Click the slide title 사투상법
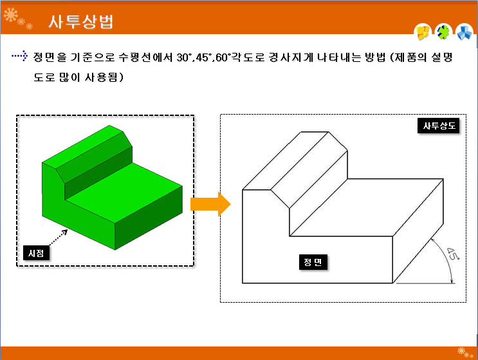coord(81,22)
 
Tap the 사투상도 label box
coord(438,126)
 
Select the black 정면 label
coord(313,262)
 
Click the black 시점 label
coord(36,253)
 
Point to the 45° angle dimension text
coord(453,254)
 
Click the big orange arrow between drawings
coord(210,204)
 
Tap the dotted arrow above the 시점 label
coord(59,238)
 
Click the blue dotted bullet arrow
coord(20,55)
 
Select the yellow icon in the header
coord(423,32)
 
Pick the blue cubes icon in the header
coord(464,32)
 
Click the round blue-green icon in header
coord(443,32)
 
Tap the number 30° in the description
coord(184,57)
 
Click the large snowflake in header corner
coord(11,15)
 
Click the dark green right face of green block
coord(149,218)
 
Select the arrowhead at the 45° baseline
coord(452,281)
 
